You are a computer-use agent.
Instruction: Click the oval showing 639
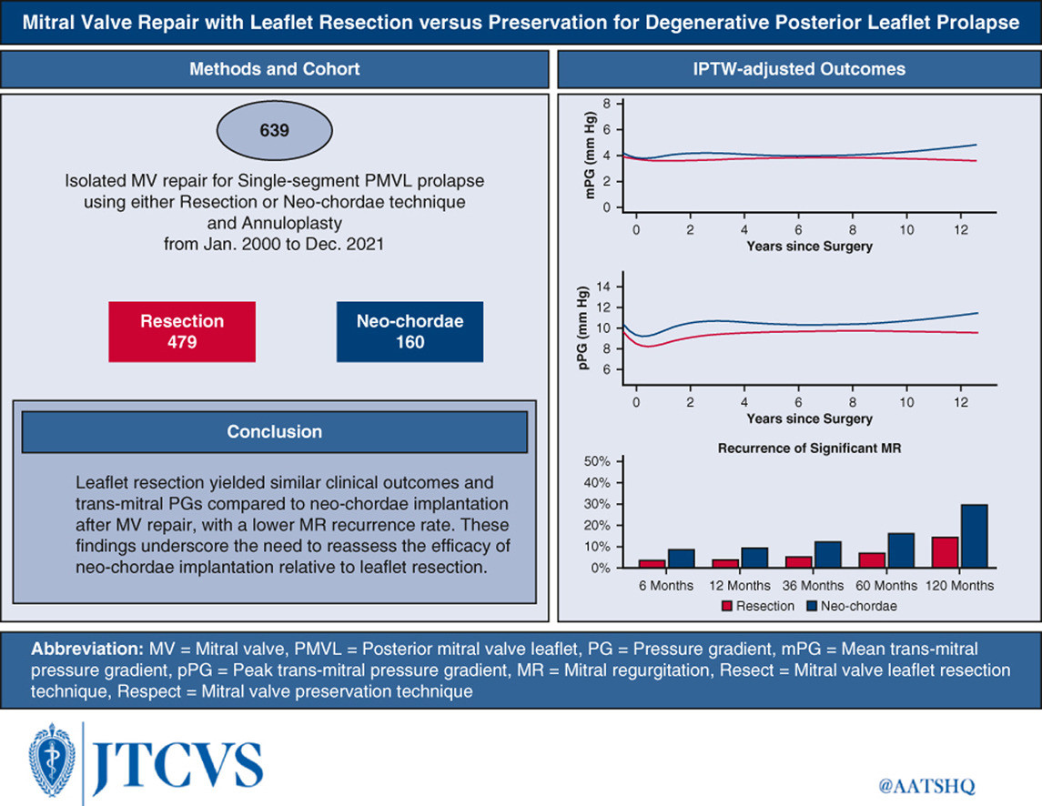point(275,130)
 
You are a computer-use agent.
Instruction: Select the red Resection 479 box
point(182,331)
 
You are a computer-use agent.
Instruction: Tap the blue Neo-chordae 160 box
point(410,331)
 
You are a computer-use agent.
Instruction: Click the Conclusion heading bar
point(275,432)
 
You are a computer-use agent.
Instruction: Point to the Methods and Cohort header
point(275,69)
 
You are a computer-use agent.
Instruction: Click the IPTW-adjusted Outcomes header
point(799,69)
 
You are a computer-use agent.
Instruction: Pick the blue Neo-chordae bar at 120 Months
point(975,536)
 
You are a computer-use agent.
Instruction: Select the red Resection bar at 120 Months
point(945,552)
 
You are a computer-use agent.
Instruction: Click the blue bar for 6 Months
point(681,559)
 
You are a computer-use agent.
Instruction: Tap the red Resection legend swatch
point(727,606)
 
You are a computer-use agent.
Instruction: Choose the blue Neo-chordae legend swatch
point(812,606)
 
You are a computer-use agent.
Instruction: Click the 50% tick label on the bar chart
point(597,461)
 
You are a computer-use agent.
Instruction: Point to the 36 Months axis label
point(813,586)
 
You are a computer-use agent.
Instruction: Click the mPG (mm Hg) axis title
point(590,156)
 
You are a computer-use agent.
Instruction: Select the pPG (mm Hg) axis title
point(582,328)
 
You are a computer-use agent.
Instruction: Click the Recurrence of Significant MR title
point(809,448)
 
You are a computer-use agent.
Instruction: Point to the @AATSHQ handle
point(926,786)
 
